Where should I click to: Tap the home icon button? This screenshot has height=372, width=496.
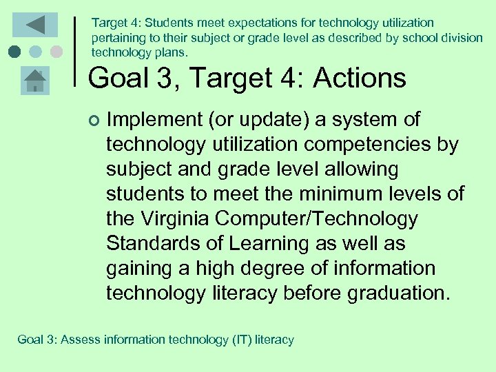click(x=34, y=81)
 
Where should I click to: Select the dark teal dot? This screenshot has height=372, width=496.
click(x=14, y=52)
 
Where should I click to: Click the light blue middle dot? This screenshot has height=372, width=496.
click(x=35, y=52)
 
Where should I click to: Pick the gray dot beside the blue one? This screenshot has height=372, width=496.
click(x=56, y=52)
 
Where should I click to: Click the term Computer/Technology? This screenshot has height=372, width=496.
click(x=317, y=219)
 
